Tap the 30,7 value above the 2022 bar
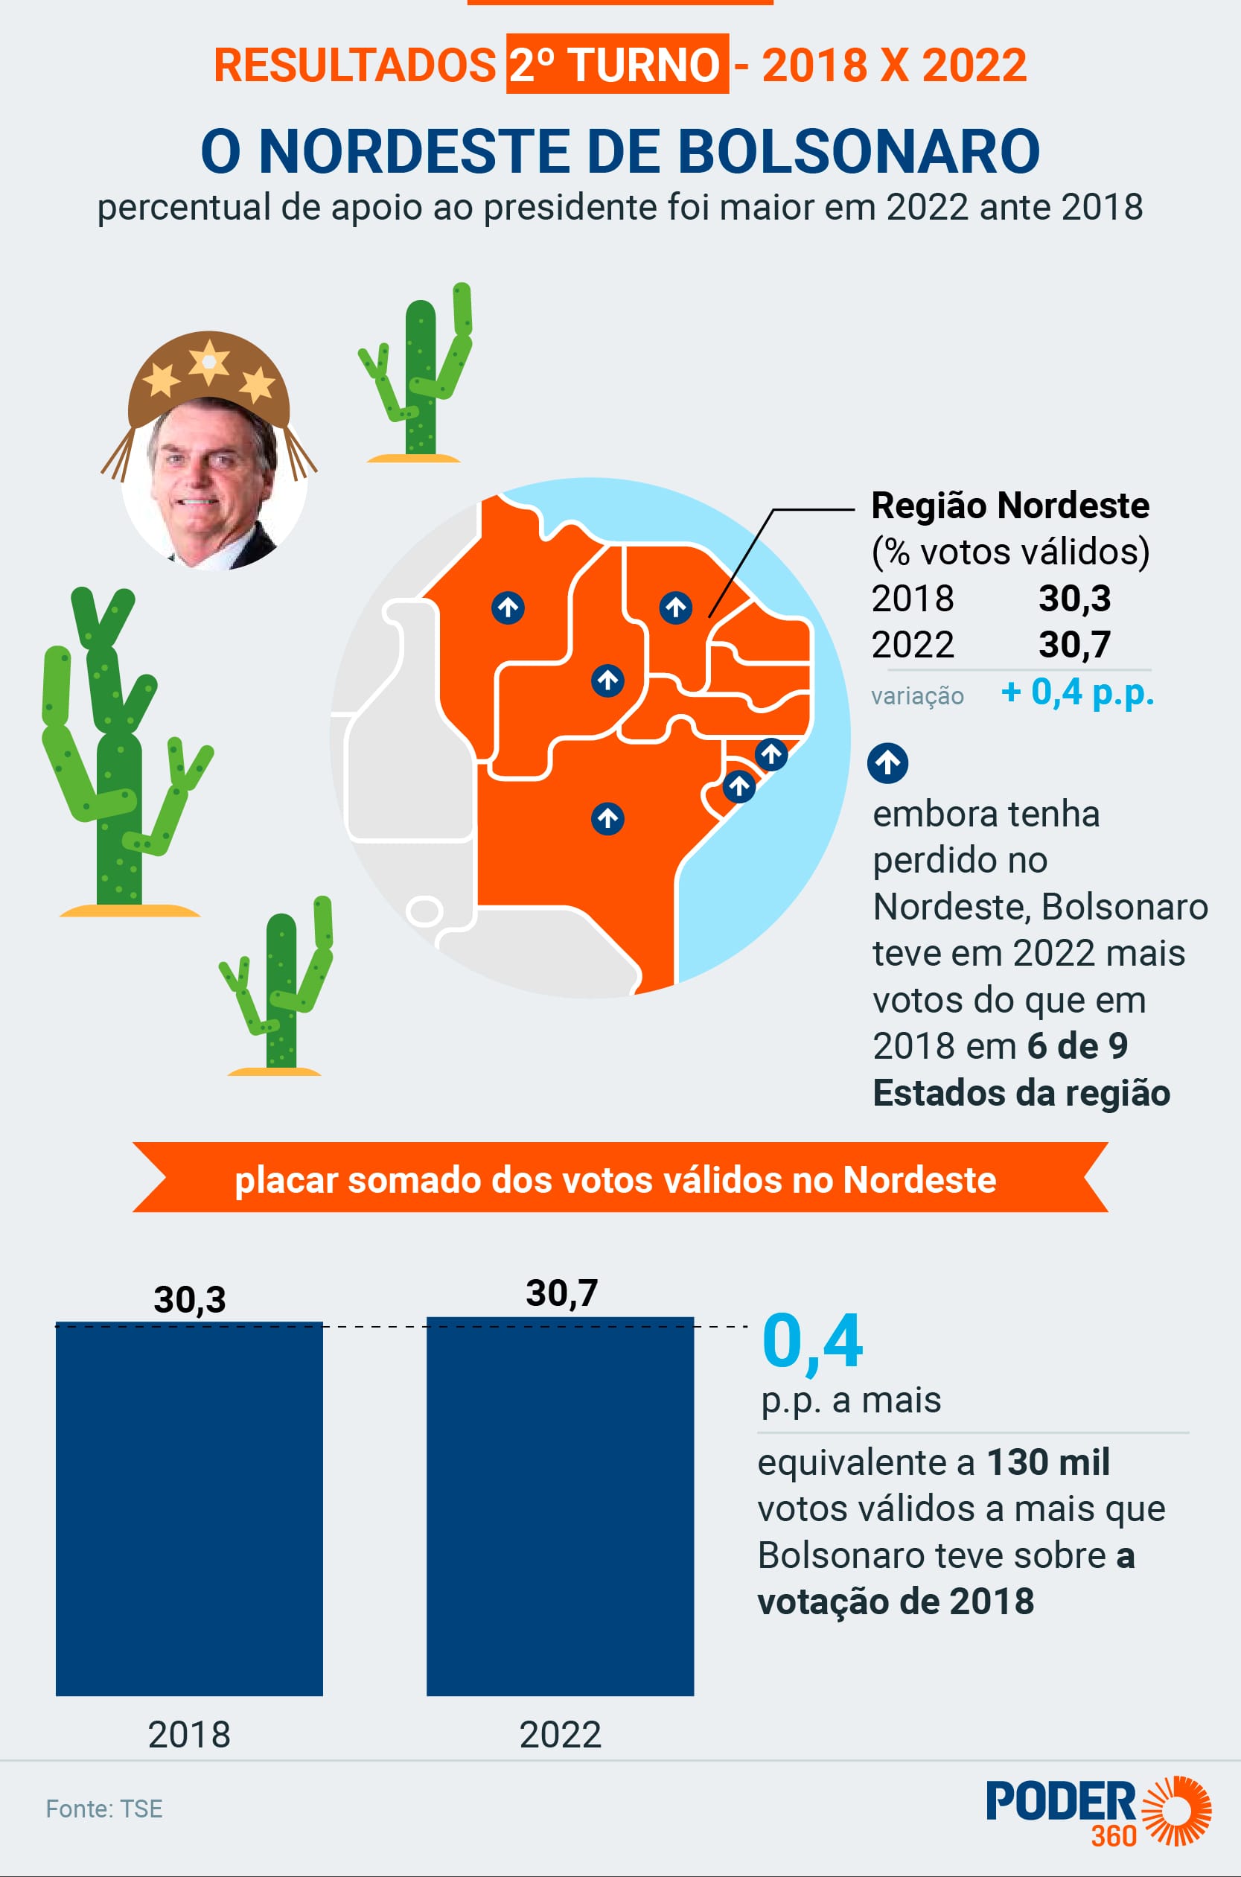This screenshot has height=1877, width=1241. [x=562, y=1293]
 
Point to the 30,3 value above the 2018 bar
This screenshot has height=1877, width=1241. [x=190, y=1299]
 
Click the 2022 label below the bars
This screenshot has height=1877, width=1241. [x=561, y=1734]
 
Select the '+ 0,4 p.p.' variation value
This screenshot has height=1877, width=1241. [x=1077, y=692]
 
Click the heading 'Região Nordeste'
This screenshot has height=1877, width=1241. [x=1010, y=505]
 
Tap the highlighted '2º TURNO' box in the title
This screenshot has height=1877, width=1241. [x=616, y=64]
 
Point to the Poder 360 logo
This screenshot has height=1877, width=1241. [x=1098, y=1811]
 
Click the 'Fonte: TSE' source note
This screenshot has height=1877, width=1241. [x=104, y=1809]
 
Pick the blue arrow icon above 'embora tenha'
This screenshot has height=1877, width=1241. [x=887, y=763]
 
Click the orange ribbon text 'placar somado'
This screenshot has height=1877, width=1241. [x=615, y=1179]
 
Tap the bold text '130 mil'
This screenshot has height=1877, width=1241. [x=1048, y=1462]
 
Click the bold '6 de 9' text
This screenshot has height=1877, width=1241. [x=1077, y=1045]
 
